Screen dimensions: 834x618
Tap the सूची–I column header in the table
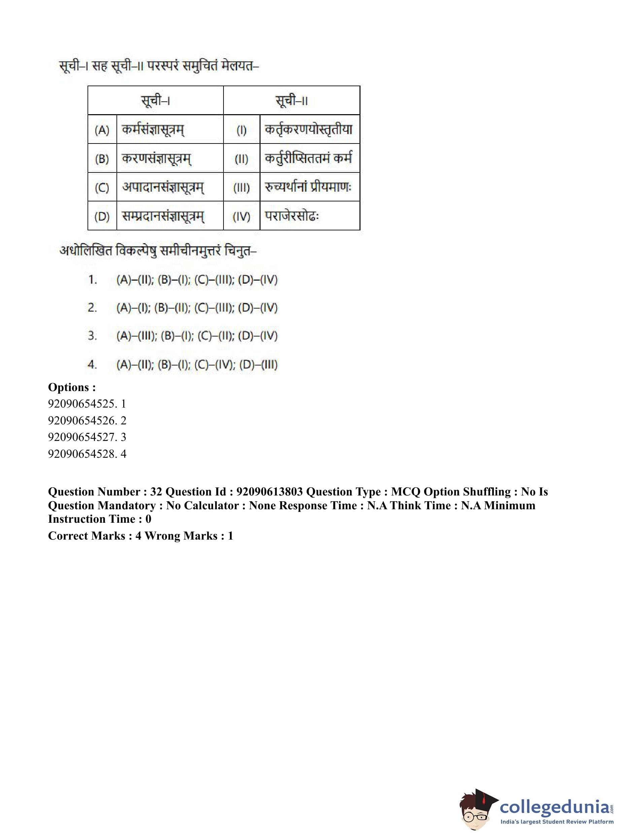(155, 100)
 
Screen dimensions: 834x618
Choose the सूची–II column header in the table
(291, 100)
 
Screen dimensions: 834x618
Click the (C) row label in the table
(102, 187)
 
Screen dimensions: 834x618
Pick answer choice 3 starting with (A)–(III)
(197, 336)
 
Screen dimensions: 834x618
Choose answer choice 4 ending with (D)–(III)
(197, 364)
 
